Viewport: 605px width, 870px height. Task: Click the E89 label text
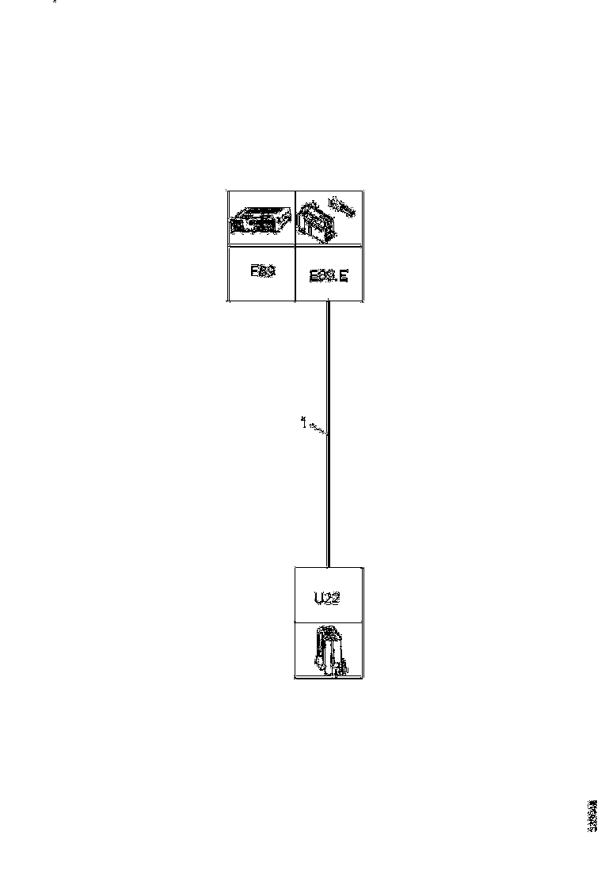click(x=262, y=271)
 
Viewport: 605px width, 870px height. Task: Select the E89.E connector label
click(x=328, y=277)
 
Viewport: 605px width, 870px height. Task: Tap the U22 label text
click(x=327, y=598)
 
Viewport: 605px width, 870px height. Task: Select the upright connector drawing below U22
click(x=330, y=651)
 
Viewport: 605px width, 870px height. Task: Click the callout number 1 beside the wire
click(x=302, y=422)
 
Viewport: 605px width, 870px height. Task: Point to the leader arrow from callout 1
click(x=318, y=429)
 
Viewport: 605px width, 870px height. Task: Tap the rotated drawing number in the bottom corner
click(x=592, y=815)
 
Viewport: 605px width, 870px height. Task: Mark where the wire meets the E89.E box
click(x=328, y=301)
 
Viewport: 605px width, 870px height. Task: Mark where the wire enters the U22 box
click(x=328, y=567)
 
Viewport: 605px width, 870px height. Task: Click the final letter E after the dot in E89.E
click(x=343, y=277)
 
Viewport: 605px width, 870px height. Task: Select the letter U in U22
click(x=318, y=598)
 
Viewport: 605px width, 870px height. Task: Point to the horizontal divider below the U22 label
click(x=329, y=622)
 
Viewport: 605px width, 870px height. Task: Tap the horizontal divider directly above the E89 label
click(x=261, y=247)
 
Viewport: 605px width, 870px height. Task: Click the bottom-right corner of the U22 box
click(x=363, y=678)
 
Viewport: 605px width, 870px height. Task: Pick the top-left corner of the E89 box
click(x=228, y=191)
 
